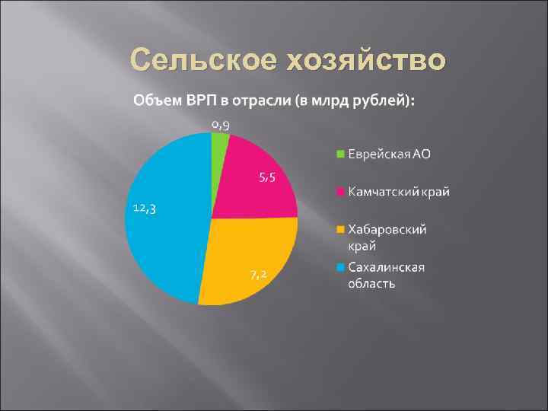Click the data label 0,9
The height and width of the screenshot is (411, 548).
click(x=221, y=124)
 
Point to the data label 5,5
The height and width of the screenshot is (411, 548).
click(x=266, y=178)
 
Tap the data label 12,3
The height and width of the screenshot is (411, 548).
click(x=145, y=209)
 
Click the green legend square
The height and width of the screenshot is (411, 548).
click(x=342, y=155)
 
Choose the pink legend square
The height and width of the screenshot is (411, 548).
click(x=342, y=191)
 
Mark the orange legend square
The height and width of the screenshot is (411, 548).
click(x=342, y=228)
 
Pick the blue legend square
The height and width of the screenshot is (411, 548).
click(x=342, y=266)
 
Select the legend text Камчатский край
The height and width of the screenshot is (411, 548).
click(x=399, y=191)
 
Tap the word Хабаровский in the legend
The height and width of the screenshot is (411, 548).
click(x=387, y=228)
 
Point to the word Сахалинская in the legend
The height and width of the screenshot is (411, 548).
click(x=387, y=266)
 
